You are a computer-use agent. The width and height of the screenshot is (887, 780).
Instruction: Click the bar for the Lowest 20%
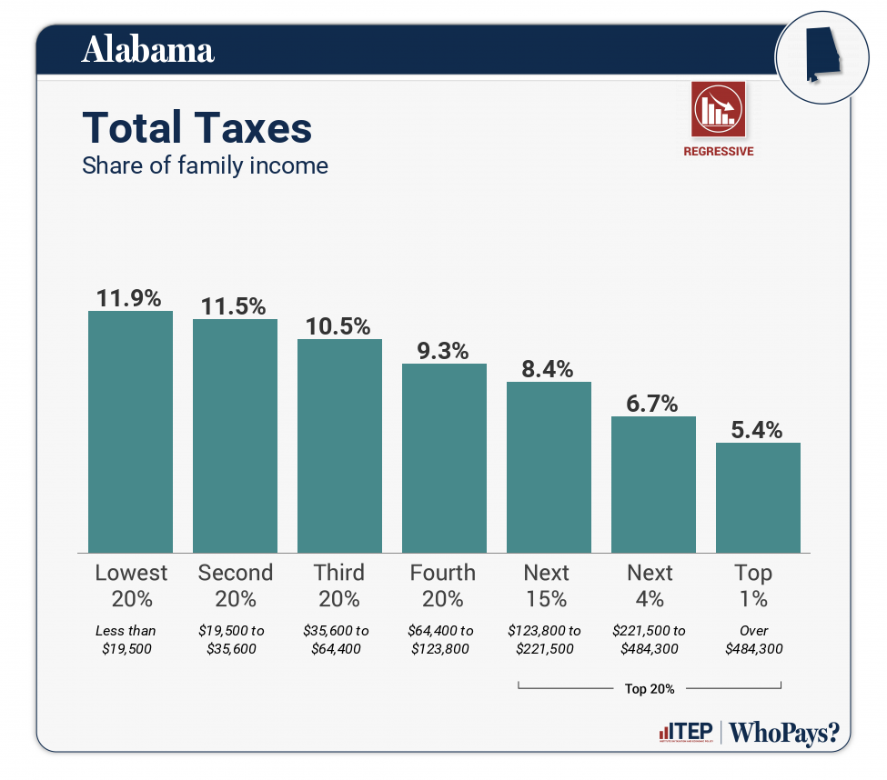[130, 432]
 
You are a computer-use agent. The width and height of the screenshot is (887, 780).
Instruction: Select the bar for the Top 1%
[758, 497]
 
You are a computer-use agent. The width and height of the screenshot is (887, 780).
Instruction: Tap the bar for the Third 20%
[339, 445]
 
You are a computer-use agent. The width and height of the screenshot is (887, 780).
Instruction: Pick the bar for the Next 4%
[653, 485]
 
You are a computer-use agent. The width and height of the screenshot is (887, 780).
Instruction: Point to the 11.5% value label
[235, 306]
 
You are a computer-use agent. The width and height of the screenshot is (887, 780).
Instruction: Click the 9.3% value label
[444, 351]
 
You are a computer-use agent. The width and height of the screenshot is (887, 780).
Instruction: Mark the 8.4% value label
[549, 369]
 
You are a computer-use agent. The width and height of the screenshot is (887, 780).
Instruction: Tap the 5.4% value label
[758, 430]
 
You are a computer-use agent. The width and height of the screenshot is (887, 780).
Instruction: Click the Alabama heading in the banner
[148, 50]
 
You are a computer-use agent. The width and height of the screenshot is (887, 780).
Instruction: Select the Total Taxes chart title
[197, 128]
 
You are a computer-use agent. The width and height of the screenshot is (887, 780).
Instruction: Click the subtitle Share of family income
[205, 166]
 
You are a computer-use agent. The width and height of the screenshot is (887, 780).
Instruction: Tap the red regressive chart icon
[718, 109]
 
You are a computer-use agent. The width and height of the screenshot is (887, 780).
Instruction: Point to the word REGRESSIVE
[719, 152]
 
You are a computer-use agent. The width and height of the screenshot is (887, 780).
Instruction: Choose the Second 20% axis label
[235, 585]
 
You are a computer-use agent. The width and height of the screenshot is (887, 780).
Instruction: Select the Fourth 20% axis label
[443, 585]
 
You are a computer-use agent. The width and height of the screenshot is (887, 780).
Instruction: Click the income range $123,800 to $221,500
[549, 639]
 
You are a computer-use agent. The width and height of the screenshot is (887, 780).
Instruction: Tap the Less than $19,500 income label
[126, 639]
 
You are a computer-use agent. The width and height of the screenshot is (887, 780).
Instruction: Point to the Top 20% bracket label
[650, 689]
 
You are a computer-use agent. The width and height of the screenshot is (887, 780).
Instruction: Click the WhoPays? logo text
[784, 733]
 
